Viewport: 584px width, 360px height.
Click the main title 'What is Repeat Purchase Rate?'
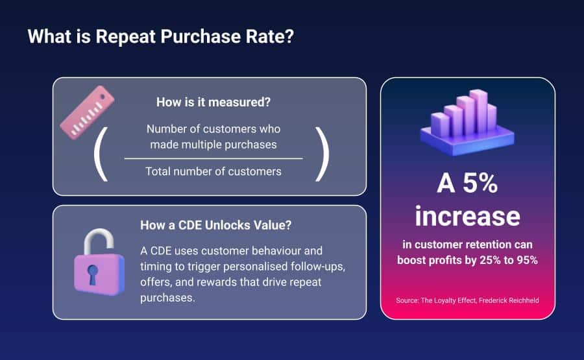[161, 36]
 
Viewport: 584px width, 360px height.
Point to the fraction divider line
[213, 158]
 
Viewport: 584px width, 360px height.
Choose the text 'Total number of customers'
[213, 172]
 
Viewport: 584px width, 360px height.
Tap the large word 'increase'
[467, 215]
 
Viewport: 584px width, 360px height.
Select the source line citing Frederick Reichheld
[467, 300]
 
